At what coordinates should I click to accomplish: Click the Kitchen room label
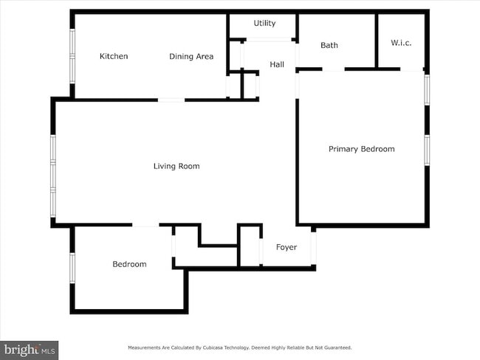click(x=114, y=56)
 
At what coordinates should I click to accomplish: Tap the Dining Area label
click(x=191, y=57)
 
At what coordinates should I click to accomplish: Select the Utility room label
click(x=264, y=24)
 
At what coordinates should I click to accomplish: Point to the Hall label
click(x=277, y=64)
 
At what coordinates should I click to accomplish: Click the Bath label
click(x=329, y=45)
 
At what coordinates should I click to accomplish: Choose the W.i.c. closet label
click(x=401, y=43)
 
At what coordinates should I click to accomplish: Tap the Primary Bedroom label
click(x=362, y=149)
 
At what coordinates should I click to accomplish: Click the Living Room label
click(x=176, y=166)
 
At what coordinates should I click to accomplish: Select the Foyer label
click(x=287, y=247)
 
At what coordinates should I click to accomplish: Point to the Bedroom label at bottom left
click(x=129, y=264)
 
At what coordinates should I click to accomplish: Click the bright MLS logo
click(x=29, y=350)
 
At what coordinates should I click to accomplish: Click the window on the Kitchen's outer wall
click(x=72, y=56)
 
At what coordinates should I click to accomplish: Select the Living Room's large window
click(x=53, y=176)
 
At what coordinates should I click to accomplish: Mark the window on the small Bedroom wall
click(x=72, y=268)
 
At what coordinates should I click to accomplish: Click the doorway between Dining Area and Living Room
click(x=171, y=100)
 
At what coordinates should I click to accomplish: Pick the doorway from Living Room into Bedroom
click(x=145, y=225)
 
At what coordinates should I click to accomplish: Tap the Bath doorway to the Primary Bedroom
click(x=333, y=69)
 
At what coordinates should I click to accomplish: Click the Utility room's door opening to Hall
click(x=269, y=40)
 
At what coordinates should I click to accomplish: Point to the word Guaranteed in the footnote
click(x=338, y=347)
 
